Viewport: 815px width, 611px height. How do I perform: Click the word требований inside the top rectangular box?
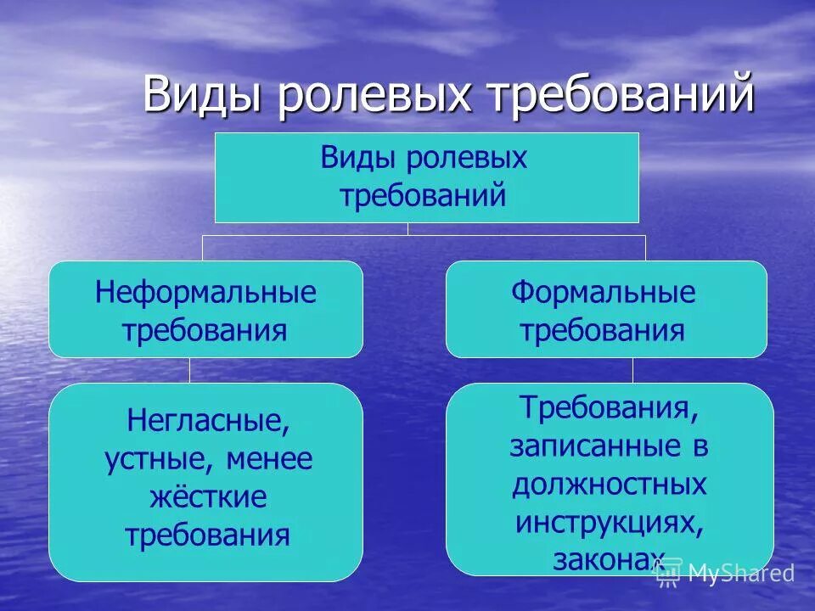[424, 196]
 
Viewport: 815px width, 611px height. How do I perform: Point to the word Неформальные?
[205, 293]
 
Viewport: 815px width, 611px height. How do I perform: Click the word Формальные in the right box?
[603, 293]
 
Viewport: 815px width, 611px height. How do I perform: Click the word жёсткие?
[208, 497]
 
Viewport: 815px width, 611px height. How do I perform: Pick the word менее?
[270, 459]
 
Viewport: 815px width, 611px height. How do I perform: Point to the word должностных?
[610, 484]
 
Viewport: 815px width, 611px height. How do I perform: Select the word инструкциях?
[610, 522]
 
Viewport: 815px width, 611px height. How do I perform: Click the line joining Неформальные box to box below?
[189, 370]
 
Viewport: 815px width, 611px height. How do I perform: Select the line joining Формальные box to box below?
[632, 370]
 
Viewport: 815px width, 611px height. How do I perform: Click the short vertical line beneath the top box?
[407, 228]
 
